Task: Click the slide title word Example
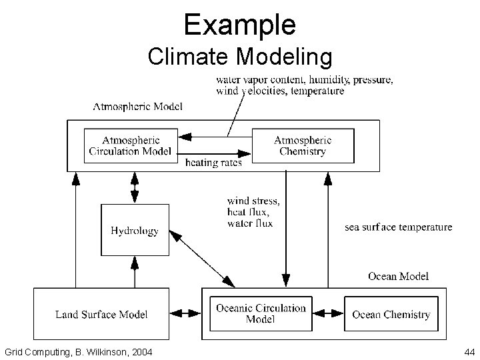(x=240, y=25)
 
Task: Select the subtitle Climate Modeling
(x=240, y=58)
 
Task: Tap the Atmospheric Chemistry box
(x=303, y=145)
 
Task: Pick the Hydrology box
(x=134, y=231)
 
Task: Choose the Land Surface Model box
(x=101, y=314)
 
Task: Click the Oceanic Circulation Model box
(x=261, y=313)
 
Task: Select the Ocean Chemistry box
(x=391, y=314)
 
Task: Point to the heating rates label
(x=213, y=162)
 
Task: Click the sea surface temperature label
(x=398, y=227)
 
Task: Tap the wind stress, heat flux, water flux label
(x=253, y=211)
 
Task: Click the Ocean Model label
(x=398, y=276)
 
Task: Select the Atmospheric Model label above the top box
(x=137, y=106)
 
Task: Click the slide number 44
(x=468, y=351)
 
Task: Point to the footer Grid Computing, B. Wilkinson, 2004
(x=77, y=351)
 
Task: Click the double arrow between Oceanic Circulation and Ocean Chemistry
(x=328, y=314)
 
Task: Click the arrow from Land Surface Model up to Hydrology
(x=134, y=273)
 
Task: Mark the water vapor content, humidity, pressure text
(x=304, y=80)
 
